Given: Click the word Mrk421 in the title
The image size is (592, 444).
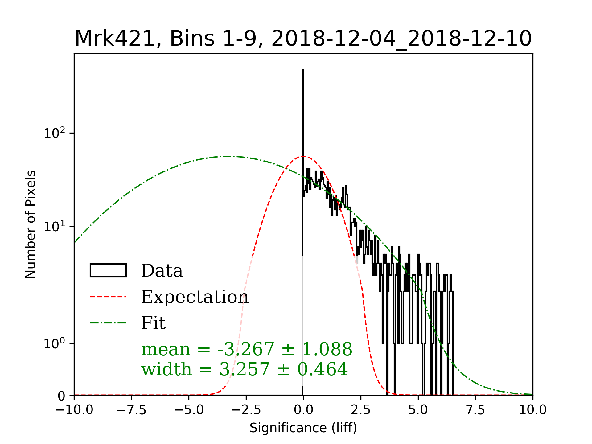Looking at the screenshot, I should click(114, 39).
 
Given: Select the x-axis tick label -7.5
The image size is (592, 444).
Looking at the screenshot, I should click(131, 410).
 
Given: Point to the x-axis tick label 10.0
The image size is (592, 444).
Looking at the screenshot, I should click(532, 410).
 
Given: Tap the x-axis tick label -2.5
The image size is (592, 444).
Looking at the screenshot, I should click(246, 410).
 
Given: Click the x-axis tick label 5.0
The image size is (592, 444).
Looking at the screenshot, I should click(418, 410).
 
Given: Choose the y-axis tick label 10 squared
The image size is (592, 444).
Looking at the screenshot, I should click(55, 133).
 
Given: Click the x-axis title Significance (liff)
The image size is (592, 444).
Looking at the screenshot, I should click(303, 428).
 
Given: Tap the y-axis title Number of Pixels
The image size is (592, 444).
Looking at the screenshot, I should click(31, 224).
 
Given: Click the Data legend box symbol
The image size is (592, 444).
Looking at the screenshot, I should click(108, 270).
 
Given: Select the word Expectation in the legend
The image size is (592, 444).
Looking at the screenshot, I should click(195, 297).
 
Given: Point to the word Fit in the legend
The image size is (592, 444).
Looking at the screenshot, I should click(153, 323).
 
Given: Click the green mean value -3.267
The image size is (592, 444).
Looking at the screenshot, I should click(246, 349).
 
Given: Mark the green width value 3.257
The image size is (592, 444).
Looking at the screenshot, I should click(244, 369).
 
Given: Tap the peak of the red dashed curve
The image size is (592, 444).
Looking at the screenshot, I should click(303, 156).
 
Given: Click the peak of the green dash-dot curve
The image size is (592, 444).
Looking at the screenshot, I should click(228, 156).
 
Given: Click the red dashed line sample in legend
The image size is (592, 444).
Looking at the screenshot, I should click(108, 297).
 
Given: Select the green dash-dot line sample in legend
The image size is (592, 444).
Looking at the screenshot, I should click(108, 323).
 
